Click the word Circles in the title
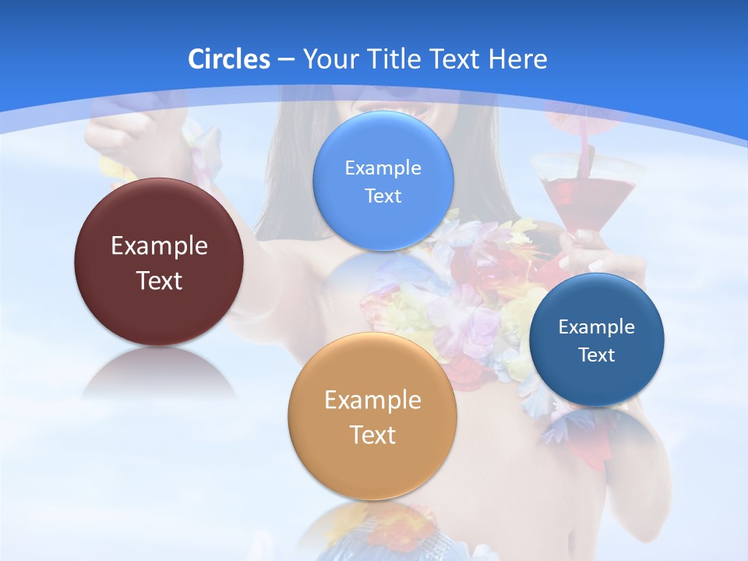pyautogui.click(x=228, y=59)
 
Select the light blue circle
pyautogui.click(x=383, y=226)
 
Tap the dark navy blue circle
pyautogui.click(x=596, y=382)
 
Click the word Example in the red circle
pyautogui.click(x=159, y=245)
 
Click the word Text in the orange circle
pyautogui.click(x=372, y=435)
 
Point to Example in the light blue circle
pyautogui.click(x=383, y=168)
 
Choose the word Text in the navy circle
pyautogui.click(x=596, y=355)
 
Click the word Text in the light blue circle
pyautogui.click(x=383, y=196)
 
